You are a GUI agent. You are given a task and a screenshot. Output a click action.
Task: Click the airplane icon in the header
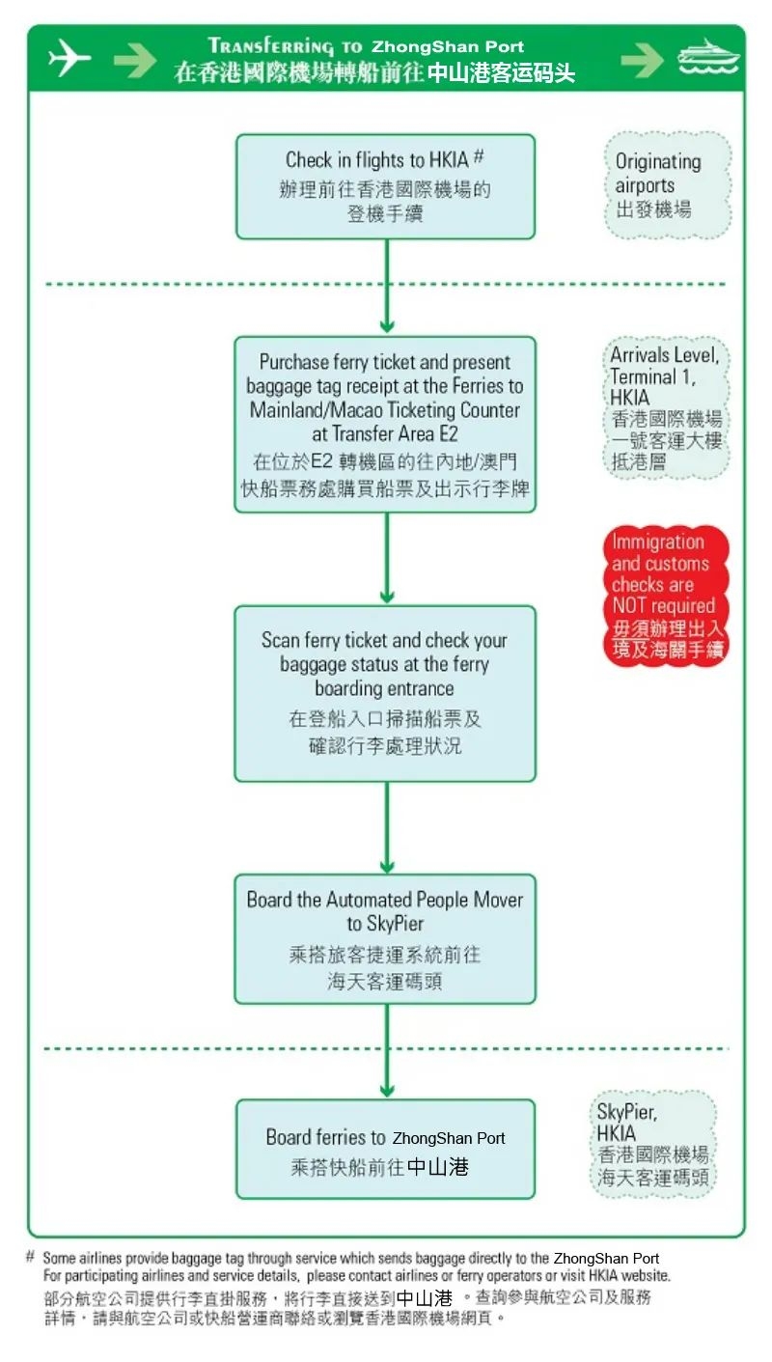[69, 58]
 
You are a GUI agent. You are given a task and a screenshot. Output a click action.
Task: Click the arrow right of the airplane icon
[134, 60]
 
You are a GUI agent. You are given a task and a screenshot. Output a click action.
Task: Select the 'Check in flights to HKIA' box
[385, 186]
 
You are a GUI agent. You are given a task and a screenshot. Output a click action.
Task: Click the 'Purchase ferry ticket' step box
[385, 424]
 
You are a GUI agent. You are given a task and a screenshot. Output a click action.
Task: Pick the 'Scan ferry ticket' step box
[385, 692]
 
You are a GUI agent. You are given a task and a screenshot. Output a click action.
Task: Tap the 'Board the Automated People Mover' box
[385, 938]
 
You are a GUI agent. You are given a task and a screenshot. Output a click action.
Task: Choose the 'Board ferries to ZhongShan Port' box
[385, 1149]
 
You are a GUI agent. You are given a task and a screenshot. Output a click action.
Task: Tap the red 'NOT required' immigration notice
[665, 596]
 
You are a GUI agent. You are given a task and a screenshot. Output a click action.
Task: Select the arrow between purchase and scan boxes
[387, 558]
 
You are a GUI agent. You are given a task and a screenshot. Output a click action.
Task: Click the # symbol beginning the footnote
[31, 1257]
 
